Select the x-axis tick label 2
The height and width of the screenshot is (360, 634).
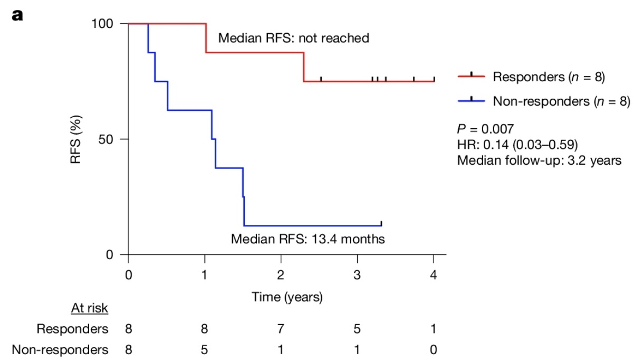click(x=281, y=276)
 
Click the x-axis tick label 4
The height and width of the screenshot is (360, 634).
click(x=434, y=276)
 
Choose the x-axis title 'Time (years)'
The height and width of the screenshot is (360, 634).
click(x=287, y=298)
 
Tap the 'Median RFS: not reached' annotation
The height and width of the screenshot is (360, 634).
click(x=293, y=39)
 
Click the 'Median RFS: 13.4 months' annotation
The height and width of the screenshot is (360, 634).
click(x=308, y=239)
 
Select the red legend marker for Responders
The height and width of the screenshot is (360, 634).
click(x=470, y=77)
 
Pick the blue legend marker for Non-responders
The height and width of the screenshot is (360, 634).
click(x=470, y=101)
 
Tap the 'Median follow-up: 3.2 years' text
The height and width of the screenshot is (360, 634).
click(x=540, y=160)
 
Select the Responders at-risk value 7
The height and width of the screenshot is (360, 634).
click(x=281, y=329)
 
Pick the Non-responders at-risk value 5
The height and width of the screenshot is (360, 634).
click(x=205, y=349)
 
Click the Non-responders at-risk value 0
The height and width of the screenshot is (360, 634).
click(x=434, y=349)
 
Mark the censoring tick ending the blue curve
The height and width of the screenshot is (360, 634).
click(x=381, y=223)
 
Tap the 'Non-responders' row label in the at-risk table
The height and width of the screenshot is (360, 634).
click(x=60, y=349)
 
